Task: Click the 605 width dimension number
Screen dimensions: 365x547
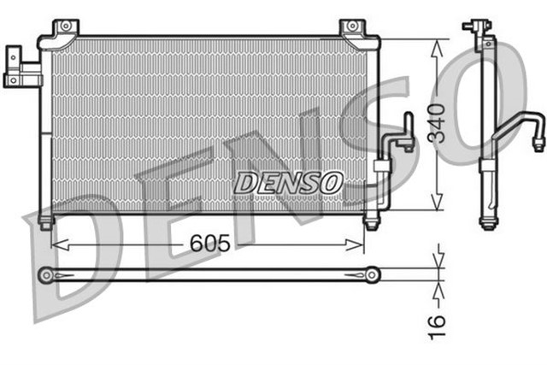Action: click(209, 243)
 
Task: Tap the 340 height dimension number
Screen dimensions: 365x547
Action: click(437, 125)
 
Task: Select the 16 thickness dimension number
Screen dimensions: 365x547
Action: click(437, 321)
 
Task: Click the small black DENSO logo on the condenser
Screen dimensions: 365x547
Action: click(288, 182)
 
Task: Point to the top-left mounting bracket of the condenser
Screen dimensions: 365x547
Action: click(63, 30)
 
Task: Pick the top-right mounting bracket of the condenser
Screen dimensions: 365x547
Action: click(352, 30)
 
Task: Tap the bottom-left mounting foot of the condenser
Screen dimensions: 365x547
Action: click(44, 221)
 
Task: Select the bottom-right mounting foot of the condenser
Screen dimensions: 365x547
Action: click(371, 222)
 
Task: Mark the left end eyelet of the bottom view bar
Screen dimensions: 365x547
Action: click(45, 274)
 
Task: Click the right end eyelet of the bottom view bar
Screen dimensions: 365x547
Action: click(372, 274)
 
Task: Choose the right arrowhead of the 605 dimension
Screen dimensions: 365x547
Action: click(361, 244)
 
